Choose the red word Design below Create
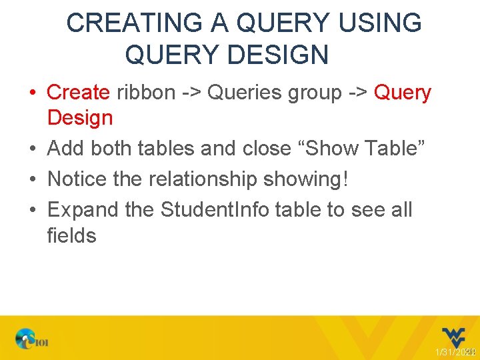(x=80, y=118)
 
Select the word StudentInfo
(x=215, y=210)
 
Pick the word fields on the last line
(x=71, y=235)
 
